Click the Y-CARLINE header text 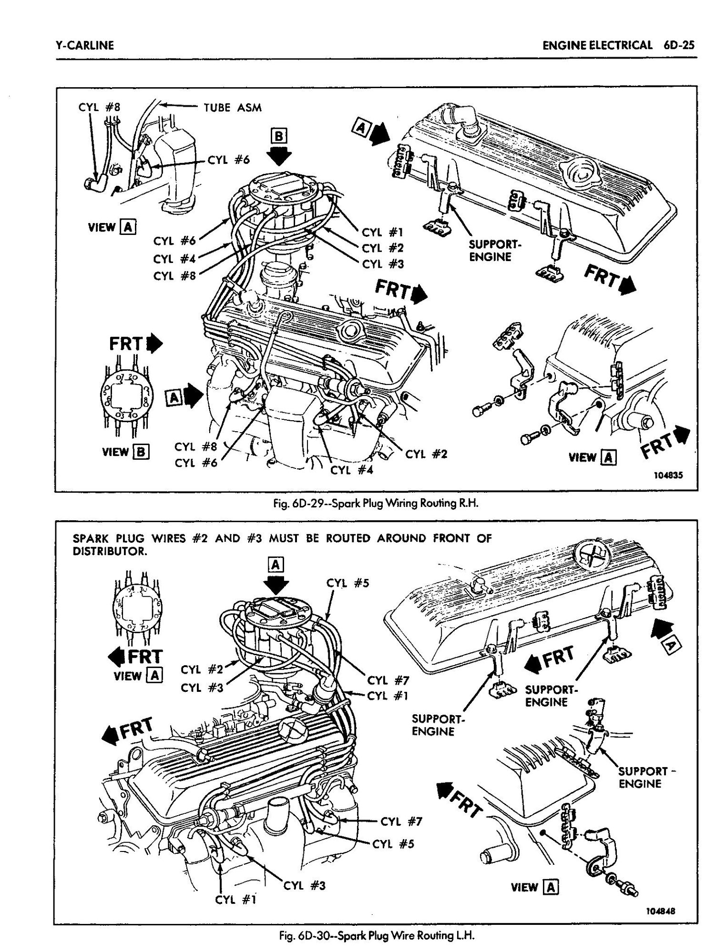(84, 45)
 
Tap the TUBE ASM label (233, 107)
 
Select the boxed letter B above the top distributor (278, 137)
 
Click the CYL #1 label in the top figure (383, 233)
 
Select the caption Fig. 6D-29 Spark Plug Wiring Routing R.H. (373, 503)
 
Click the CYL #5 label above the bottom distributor (348, 583)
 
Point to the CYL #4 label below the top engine (352, 470)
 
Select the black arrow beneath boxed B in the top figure (278, 156)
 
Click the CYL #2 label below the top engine (426, 454)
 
